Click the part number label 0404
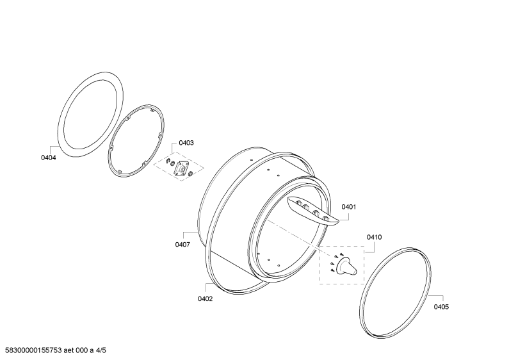pyautogui.click(x=49, y=158)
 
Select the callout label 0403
pyautogui.click(x=186, y=143)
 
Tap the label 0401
pyautogui.click(x=349, y=207)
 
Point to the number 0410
pyautogui.click(x=375, y=238)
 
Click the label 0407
pyautogui.click(x=182, y=245)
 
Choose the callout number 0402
pyautogui.click(x=205, y=299)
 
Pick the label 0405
pyautogui.click(x=442, y=307)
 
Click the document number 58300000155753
pyautogui.click(x=33, y=350)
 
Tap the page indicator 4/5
pyautogui.click(x=101, y=350)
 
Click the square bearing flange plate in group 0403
pyautogui.click(x=181, y=169)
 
